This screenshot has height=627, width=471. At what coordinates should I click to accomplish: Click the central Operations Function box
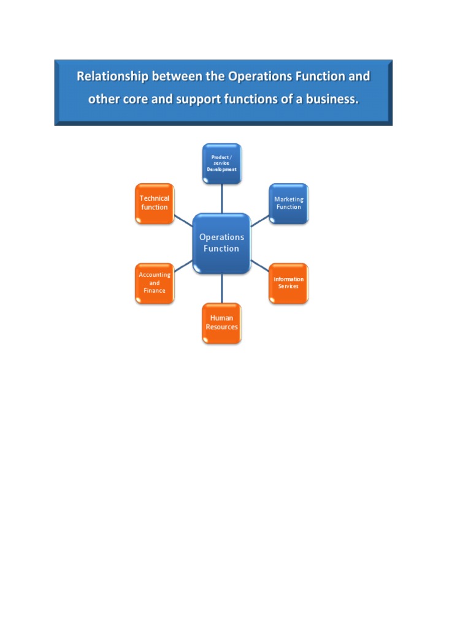coord(221,243)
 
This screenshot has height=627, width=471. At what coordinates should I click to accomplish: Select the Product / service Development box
coord(221,163)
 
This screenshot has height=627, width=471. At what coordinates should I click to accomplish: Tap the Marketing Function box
coord(289,203)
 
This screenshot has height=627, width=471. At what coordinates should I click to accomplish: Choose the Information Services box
coord(288,283)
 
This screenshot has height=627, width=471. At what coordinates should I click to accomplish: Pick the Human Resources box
coord(221,323)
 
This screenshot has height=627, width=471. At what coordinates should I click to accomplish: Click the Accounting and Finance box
coord(155,283)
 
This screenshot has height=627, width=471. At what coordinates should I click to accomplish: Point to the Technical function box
coord(155,203)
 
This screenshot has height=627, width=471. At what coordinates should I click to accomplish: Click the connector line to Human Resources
coord(221,288)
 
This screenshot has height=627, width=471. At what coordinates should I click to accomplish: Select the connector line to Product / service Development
coord(221,198)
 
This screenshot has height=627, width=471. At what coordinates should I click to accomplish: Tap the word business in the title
coord(332,99)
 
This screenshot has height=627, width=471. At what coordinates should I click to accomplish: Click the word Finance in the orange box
coord(155,291)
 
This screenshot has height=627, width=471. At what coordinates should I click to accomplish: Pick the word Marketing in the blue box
coord(289,200)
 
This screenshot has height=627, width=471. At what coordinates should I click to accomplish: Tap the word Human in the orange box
coord(221,318)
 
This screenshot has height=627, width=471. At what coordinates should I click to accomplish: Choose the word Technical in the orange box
coord(155,198)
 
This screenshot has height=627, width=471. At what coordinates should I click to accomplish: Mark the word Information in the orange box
coord(288,279)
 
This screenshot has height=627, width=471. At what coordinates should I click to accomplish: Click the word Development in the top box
coord(221,169)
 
